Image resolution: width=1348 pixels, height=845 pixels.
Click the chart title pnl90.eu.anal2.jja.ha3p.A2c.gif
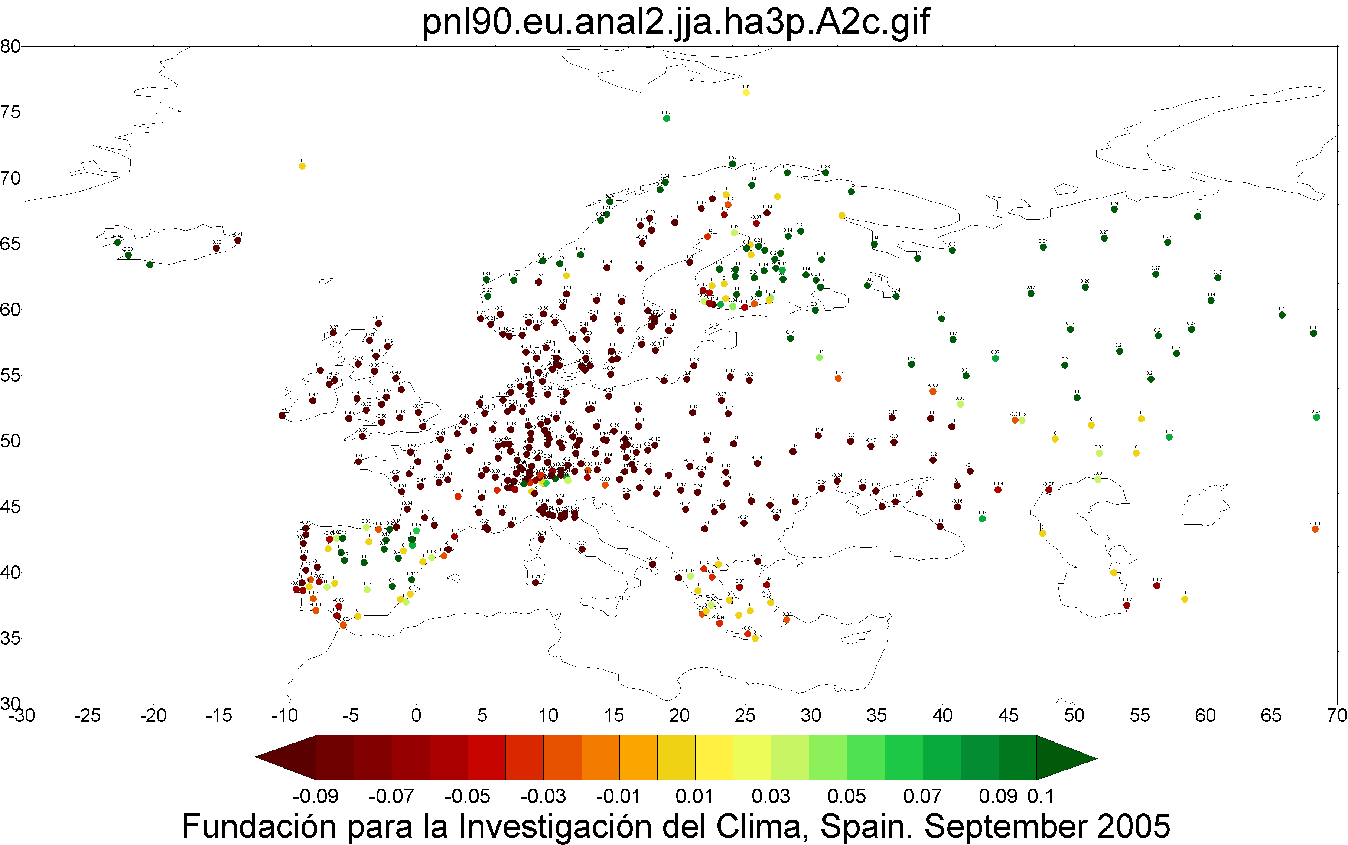pos(675,22)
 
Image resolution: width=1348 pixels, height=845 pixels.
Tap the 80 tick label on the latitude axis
pos(10,46)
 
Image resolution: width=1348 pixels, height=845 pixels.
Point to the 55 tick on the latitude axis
pos(10,375)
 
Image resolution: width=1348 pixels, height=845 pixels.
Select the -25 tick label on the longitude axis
pos(87,715)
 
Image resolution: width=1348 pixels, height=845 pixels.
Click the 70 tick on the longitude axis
pos(1336,715)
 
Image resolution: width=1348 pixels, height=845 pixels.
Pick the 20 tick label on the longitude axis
pos(679,715)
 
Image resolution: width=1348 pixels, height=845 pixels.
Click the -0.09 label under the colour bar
pos(316,796)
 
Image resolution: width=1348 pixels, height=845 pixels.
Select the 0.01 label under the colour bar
pos(694,796)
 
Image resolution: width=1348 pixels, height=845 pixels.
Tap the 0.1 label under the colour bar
pos(1041,796)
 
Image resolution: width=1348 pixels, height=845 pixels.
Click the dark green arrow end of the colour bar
pos(1065,758)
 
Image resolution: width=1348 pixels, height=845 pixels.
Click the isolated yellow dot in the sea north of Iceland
pos(302,166)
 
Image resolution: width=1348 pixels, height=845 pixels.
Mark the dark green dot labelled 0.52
pos(732,164)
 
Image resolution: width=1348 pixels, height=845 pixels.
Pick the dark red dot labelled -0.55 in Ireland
pos(282,415)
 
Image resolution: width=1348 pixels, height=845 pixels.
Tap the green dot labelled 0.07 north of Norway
pos(666,118)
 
